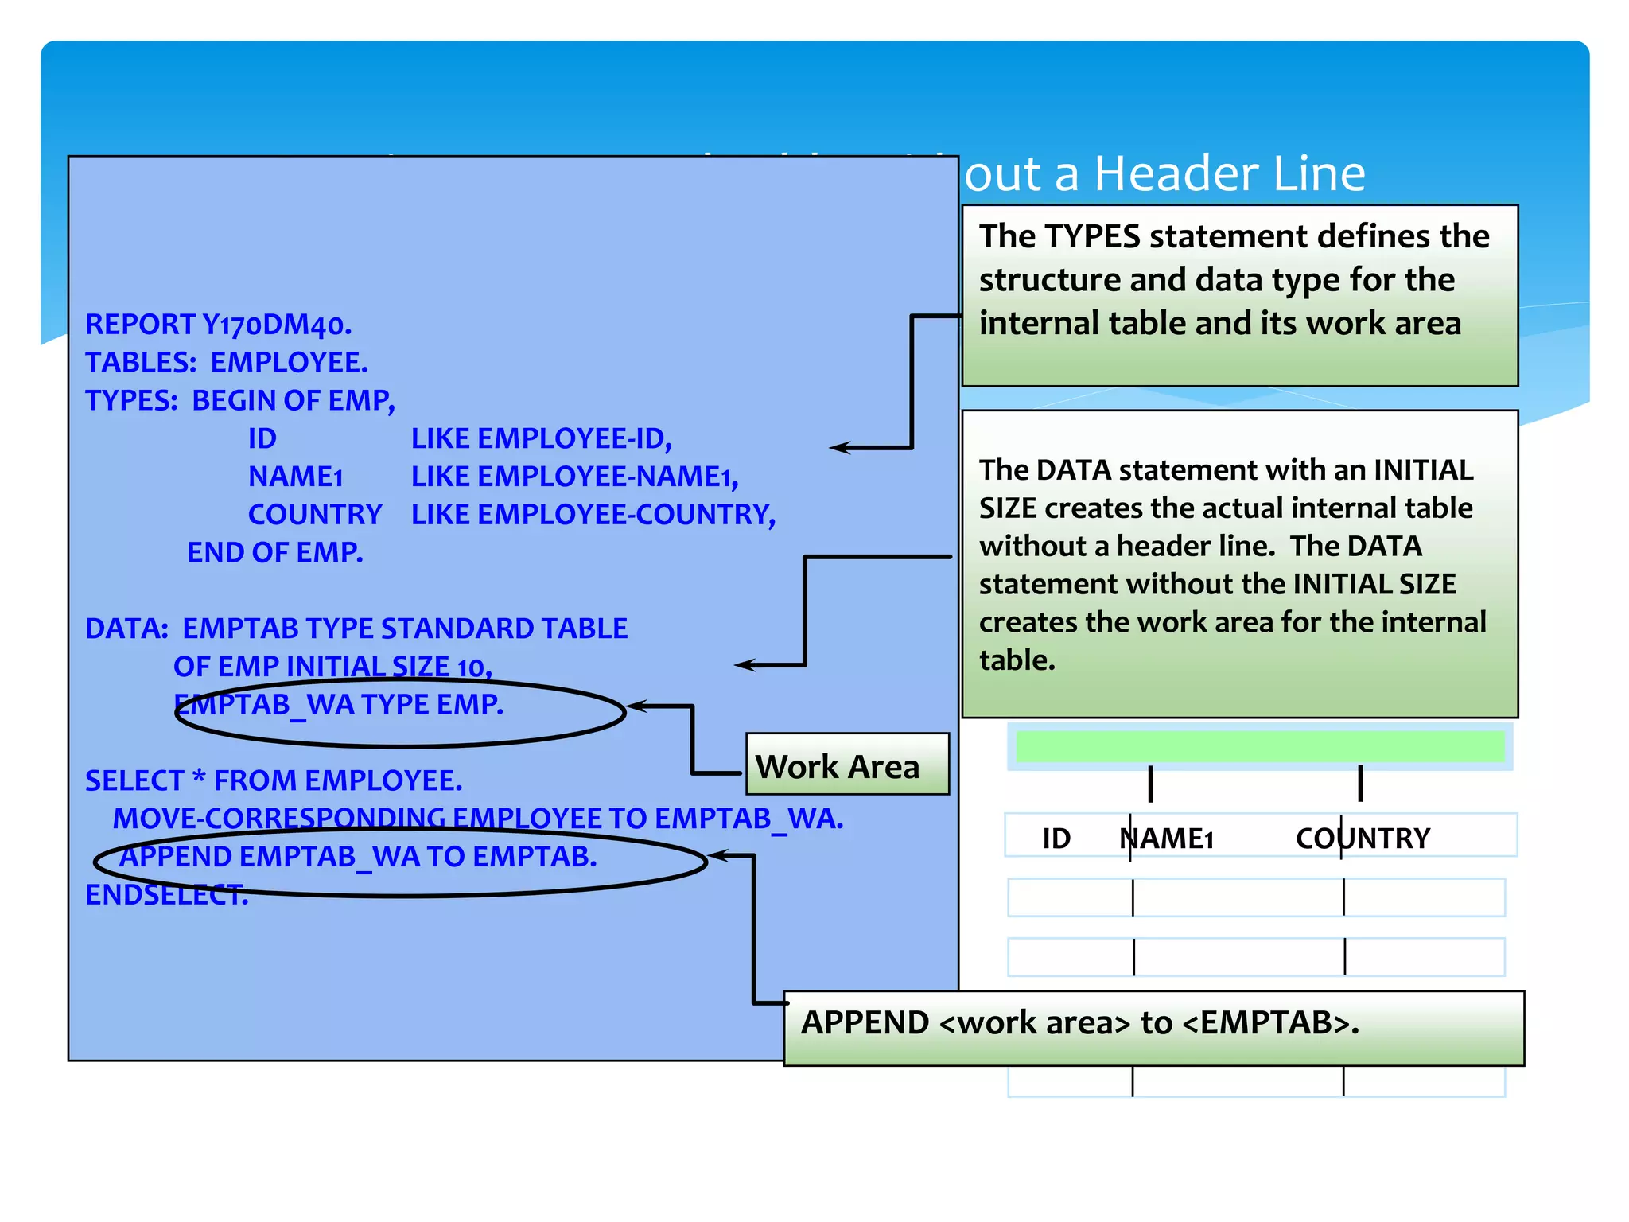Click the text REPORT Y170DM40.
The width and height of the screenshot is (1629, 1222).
click(x=218, y=325)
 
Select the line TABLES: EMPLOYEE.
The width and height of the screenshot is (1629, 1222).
click(x=227, y=363)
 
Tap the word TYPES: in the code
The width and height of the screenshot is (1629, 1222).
click(x=131, y=401)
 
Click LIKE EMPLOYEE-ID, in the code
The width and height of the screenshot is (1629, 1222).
click(x=541, y=439)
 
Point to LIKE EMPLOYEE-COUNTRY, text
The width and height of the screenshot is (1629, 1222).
click(x=593, y=515)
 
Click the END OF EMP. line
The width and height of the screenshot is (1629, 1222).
click(x=274, y=553)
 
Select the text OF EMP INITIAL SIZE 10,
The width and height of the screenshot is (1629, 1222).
click(x=332, y=667)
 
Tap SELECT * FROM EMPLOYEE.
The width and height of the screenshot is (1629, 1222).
click(x=274, y=781)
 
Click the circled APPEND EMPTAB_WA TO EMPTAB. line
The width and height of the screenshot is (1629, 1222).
click(x=358, y=858)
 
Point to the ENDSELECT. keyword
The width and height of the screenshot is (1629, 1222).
click(x=166, y=896)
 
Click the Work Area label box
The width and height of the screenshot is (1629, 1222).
click(x=846, y=765)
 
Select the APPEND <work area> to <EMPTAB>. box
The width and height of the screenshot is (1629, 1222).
click(x=1153, y=1027)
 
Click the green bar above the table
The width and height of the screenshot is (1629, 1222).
click(x=1260, y=747)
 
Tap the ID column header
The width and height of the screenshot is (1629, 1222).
click(x=1056, y=839)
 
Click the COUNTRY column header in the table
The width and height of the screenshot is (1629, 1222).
click(x=1362, y=839)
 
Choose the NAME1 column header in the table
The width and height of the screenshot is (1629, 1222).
click(x=1166, y=839)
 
